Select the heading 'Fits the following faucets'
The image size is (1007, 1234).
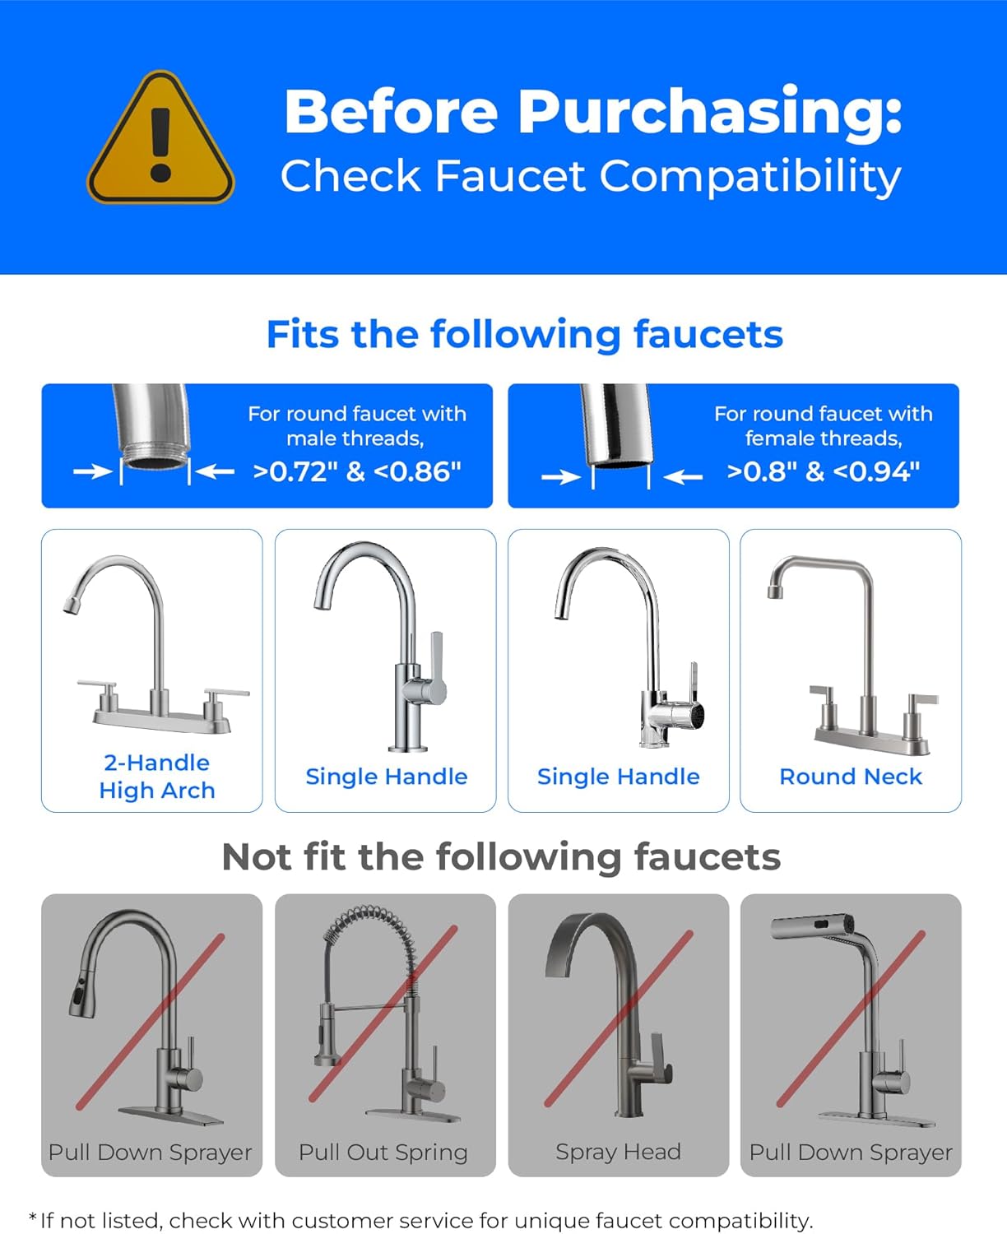coord(524,334)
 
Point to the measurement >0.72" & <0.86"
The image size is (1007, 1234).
coord(357,471)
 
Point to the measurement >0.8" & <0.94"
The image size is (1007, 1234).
coord(823,471)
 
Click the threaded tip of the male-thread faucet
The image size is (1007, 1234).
coord(155,457)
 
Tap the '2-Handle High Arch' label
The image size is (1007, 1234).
coord(156,776)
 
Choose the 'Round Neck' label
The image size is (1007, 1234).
coord(850,776)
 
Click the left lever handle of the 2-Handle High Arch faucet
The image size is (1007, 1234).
coord(97,685)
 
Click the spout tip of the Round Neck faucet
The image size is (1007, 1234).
coord(774,590)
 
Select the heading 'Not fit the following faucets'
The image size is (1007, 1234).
coord(501,856)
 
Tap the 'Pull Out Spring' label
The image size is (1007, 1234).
coord(383,1152)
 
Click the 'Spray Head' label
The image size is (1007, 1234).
coord(618,1152)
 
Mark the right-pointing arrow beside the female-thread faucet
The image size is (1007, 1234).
coord(560,477)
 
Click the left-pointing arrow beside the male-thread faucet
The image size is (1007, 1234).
coord(216,471)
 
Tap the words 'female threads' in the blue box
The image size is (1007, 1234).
coord(823,438)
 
